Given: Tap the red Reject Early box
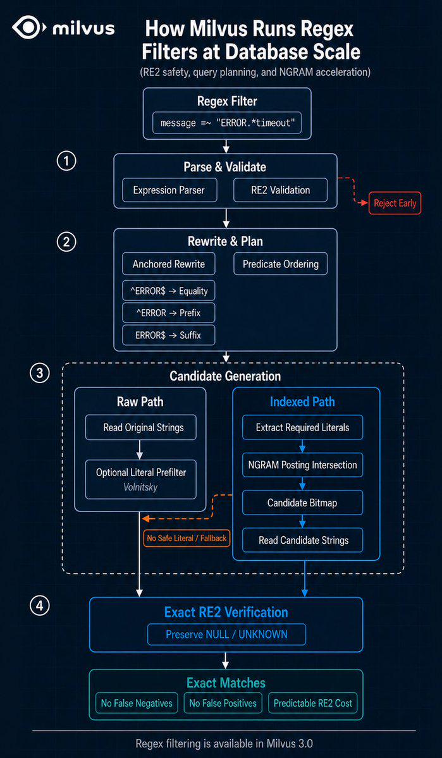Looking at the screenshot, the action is click(x=395, y=204).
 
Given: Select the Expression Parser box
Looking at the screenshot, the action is click(x=169, y=190).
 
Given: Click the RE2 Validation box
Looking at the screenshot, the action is click(x=281, y=190).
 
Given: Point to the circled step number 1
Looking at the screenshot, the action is click(x=66, y=161).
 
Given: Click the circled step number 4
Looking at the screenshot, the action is click(x=40, y=606).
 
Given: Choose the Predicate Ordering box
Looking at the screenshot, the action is click(x=281, y=264).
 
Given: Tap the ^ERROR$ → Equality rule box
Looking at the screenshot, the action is click(x=169, y=291).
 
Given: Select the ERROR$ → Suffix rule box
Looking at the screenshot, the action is click(x=169, y=335).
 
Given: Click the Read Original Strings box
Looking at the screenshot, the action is click(x=141, y=427).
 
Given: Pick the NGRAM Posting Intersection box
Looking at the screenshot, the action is click(x=303, y=465).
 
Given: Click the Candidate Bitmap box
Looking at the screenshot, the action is click(x=303, y=503).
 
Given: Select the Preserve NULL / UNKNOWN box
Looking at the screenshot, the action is click(x=227, y=633).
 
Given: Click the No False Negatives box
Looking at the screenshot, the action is click(x=137, y=703).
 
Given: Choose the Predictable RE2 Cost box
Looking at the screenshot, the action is click(x=313, y=703).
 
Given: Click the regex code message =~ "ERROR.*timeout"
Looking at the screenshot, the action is click(x=227, y=123).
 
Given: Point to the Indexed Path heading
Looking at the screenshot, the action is click(x=302, y=401).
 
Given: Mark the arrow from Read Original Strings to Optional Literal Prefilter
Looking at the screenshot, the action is click(x=141, y=449).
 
